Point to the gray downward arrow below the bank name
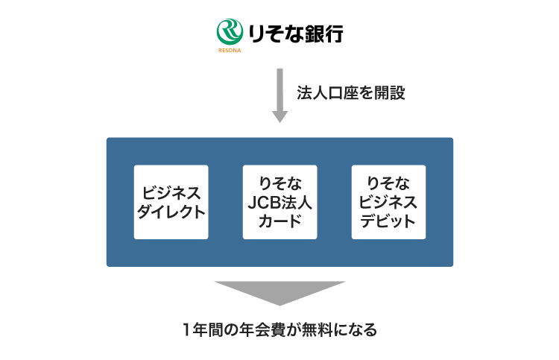[279, 95]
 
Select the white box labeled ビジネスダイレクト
[171, 202]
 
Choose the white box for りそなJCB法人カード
[279, 202]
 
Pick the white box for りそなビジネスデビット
[388, 202]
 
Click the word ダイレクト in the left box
[171, 211]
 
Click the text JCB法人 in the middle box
[279, 202]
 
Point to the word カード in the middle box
[279, 221]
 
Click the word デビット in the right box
[388, 221]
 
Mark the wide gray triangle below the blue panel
[279, 291]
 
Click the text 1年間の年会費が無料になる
[279, 329]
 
